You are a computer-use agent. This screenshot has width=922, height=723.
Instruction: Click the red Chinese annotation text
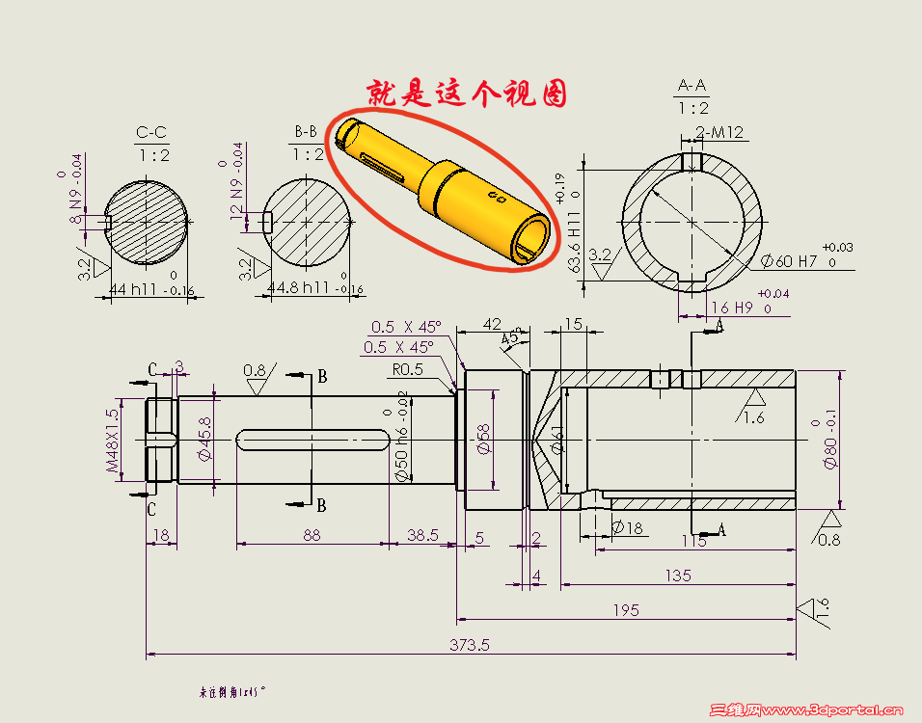(465, 94)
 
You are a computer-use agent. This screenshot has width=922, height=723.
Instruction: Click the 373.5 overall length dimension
(470, 645)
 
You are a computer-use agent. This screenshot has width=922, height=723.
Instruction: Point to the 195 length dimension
(625, 610)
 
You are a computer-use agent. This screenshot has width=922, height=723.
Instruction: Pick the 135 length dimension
(678, 576)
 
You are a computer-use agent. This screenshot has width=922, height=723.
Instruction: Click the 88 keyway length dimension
(312, 535)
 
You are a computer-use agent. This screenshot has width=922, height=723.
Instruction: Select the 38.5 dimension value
(422, 535)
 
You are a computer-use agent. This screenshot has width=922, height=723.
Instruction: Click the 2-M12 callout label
(719, 133)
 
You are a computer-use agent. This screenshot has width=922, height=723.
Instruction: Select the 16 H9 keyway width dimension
(731, 308)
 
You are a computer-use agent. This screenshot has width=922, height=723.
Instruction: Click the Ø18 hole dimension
(628, 527)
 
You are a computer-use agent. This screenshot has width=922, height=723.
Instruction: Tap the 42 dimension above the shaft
(492, 325)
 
